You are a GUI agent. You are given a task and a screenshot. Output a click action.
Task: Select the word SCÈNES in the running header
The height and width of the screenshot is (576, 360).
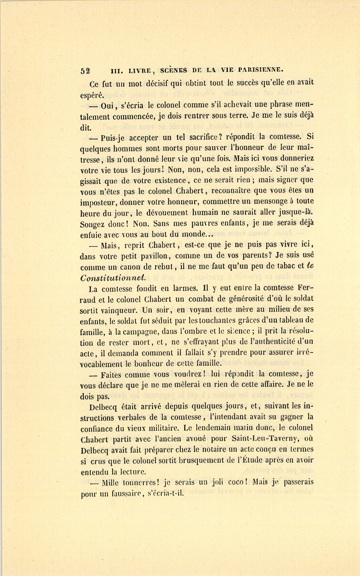[173, 70]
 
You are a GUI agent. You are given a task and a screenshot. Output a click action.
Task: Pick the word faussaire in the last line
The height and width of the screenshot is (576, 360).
[126, 494]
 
